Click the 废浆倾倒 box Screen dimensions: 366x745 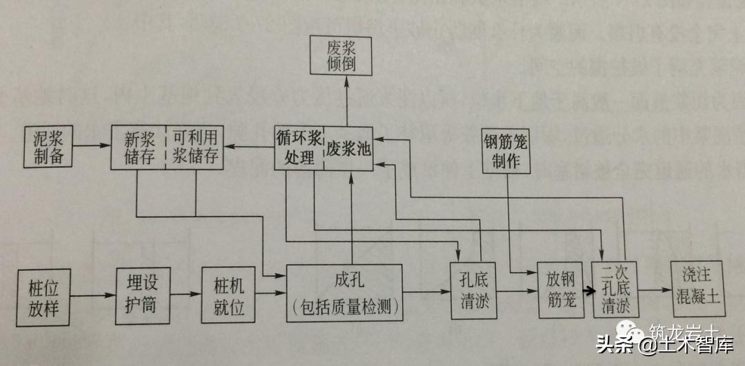348,56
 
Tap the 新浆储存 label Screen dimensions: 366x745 138,146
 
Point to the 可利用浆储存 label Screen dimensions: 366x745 196,146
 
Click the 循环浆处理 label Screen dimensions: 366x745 298,146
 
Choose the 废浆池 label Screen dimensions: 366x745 348,148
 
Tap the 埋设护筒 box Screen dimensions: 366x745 143,295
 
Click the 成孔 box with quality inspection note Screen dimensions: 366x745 345,293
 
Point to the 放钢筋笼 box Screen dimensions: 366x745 561,292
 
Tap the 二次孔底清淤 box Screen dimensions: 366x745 616,290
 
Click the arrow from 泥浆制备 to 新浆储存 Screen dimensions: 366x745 92,146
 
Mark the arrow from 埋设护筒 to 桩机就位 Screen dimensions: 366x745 186,295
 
